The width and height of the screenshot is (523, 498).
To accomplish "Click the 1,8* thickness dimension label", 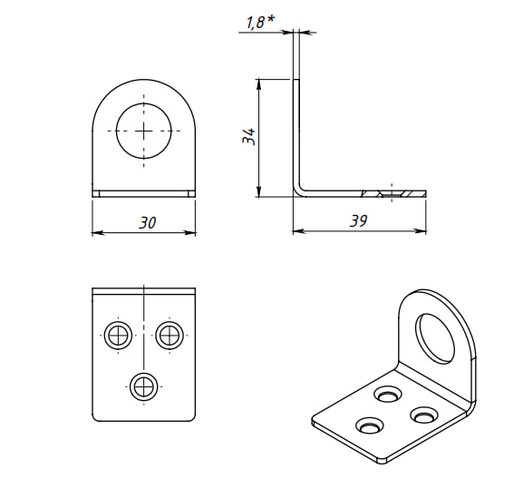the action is [x=260, y=22].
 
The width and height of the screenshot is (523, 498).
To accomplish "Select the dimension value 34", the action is [x=249, y=136].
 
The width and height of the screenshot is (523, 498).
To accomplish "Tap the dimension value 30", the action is [x=147, y=222].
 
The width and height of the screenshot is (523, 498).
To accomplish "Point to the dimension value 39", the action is [x=359, y=220].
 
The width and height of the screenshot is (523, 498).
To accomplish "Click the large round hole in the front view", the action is [x=144, y=131].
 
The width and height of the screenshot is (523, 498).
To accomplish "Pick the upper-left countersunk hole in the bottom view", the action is [x=118, y=335].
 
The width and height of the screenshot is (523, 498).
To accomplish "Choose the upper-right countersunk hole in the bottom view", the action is [x=169, y=335].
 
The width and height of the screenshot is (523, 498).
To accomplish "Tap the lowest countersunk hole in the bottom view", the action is [x=144, y=386].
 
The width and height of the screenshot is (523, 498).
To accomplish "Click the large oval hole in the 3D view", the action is [x=434, y=338].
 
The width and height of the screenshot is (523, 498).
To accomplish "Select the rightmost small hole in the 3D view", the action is [x=423, y=415].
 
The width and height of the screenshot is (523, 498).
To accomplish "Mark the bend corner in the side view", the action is [x=299, y=190].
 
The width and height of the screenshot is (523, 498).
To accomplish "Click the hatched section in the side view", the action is [x=393, y=193].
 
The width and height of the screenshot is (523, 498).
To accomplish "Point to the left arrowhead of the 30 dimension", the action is [x=98, y=232].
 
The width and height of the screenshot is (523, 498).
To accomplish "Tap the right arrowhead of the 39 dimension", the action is [x=421, y=230].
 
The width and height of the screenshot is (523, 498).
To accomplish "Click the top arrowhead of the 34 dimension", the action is [x=258, y=84].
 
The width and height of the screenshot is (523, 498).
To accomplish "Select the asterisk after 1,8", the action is [x=271, y=19].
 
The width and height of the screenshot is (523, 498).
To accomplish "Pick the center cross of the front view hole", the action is [x=144, y=131].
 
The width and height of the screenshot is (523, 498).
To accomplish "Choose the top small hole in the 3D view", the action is [x=388, y=395].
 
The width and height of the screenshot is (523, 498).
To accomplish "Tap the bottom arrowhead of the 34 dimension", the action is [x=258, y=191].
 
